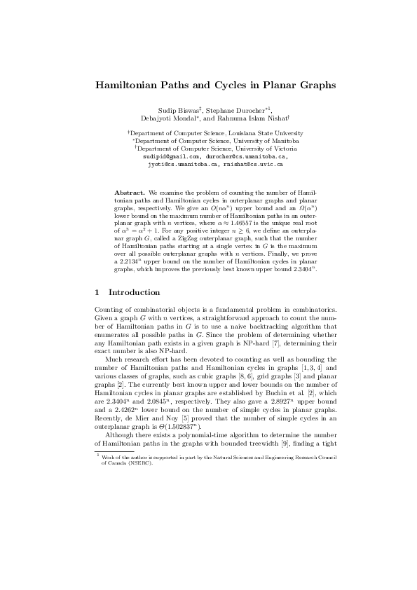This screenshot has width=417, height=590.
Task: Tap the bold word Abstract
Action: tap(130, 192)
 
